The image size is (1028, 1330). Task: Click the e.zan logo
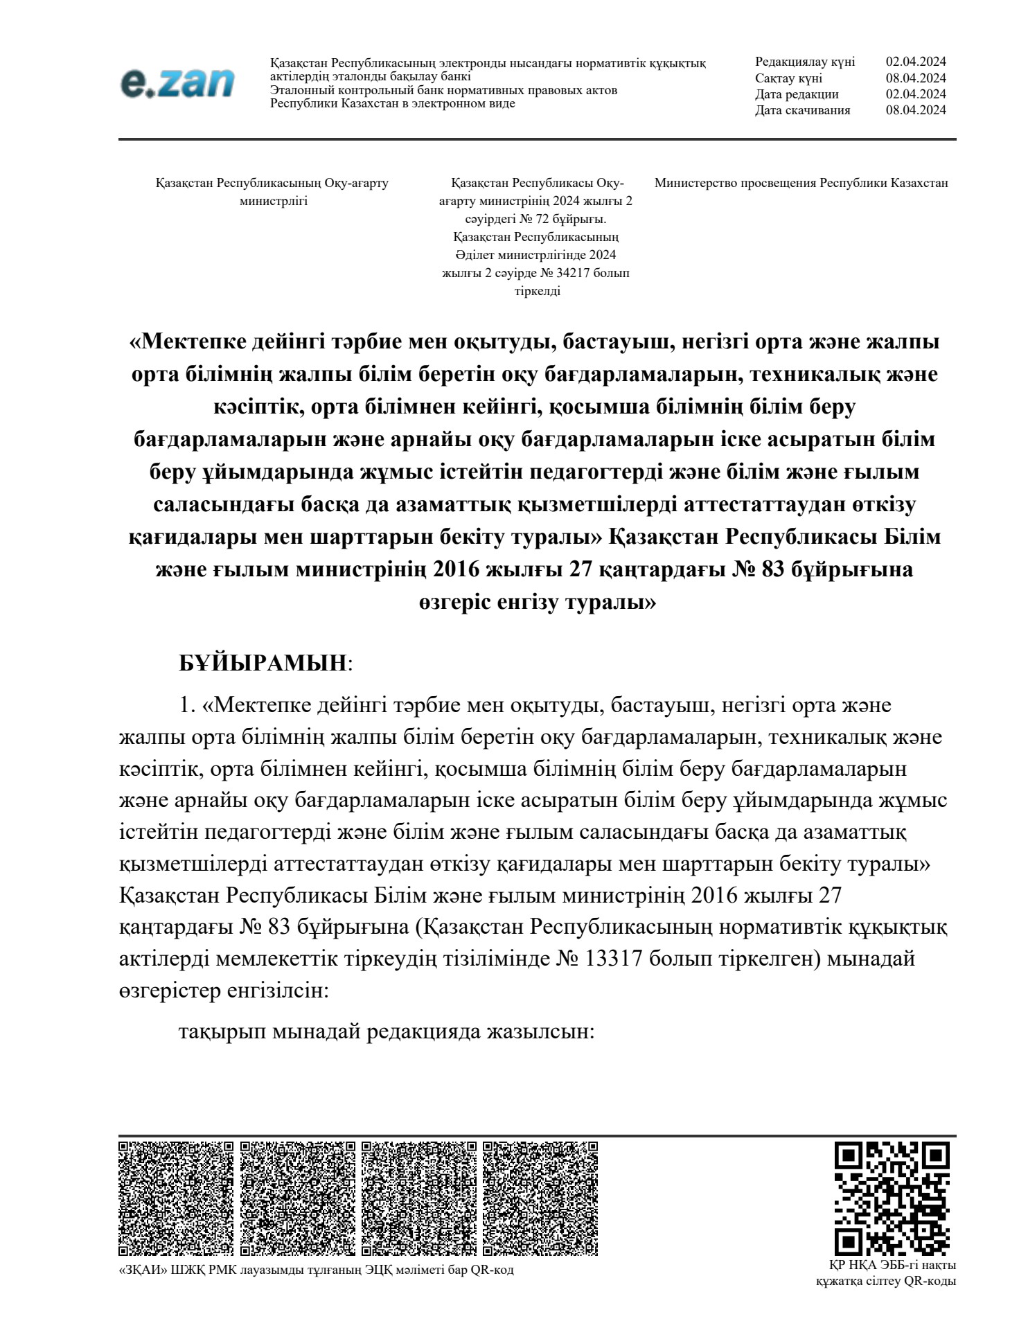(177, 84)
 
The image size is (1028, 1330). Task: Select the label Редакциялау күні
(805, 62)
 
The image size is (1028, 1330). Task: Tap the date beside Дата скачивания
(916, 110)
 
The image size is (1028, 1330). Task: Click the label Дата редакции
(797, 94)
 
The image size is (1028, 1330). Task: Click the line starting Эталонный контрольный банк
(443, 90)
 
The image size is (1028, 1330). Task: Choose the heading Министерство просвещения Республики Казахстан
(801, 184)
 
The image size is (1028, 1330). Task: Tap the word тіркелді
(537, 291)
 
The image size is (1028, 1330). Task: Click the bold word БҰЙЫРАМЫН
(263, 663)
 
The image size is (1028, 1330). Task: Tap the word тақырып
(222, 1031)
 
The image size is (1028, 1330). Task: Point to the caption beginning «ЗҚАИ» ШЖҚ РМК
(317, 1270)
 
